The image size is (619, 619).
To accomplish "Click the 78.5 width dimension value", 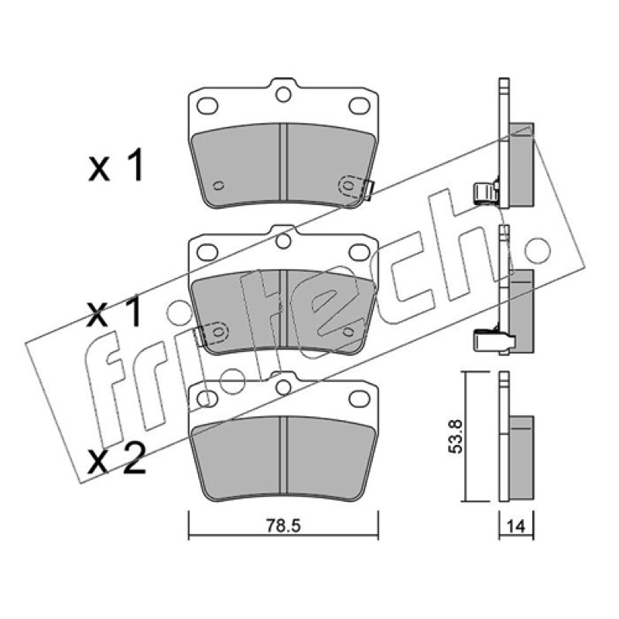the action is pos(283,526).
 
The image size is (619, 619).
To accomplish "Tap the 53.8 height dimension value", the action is pos(457,436).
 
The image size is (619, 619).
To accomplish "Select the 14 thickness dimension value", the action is pos(516,526).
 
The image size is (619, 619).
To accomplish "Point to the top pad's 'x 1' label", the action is pos(116,166).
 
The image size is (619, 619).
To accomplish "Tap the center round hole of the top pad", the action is pos(283,94).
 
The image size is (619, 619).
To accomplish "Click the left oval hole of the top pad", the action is pos(207,105).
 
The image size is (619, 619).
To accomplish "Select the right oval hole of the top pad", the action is pos(359,105).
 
